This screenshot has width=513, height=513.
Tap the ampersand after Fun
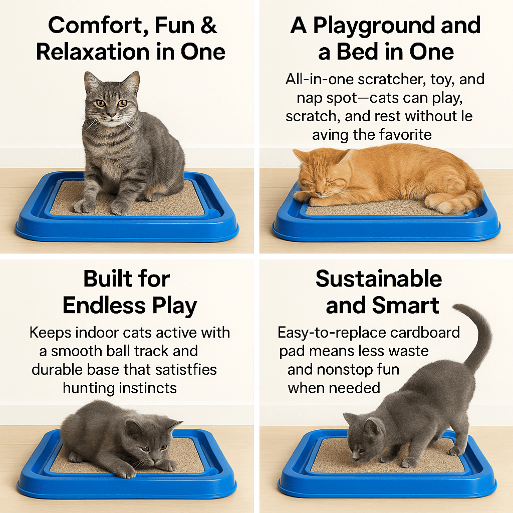(208, 25)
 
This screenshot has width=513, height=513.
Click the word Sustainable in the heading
(379, 279)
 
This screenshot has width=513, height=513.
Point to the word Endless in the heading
(104, 305)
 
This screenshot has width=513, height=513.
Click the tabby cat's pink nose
(111, 115)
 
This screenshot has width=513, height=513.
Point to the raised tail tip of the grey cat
(457, 307)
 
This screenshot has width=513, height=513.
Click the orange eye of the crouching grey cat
(144, 449)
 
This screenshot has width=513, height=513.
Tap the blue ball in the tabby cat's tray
(215, 212)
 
